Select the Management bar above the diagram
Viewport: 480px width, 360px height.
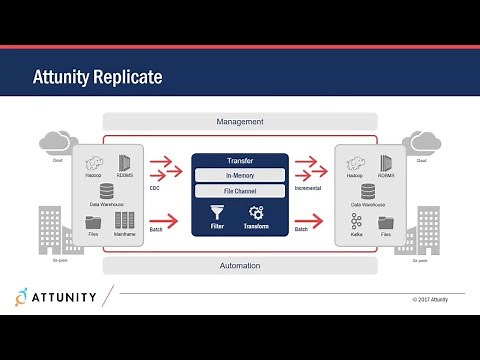pyautogui.click(x=240, y=122)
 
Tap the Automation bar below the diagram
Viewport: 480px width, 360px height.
pyautogui.click(x=240, y=266)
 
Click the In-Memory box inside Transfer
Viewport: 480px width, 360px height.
pyautogui.click(x=240, y=175)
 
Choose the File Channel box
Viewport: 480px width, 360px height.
pyautogui.click(x=240, y=190)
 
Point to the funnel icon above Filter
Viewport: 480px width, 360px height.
pyautogui.click(x=217, y=213)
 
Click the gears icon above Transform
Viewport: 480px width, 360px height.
pyautogui.click(x=255, y=213)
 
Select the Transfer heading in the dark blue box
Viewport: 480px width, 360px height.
pyautogui.click(x=240, y=159)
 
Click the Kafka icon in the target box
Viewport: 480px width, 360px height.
pyautogui.click(x=356, y=221)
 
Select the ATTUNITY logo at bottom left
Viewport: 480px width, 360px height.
pyautogui.click(x=60, y=296)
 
